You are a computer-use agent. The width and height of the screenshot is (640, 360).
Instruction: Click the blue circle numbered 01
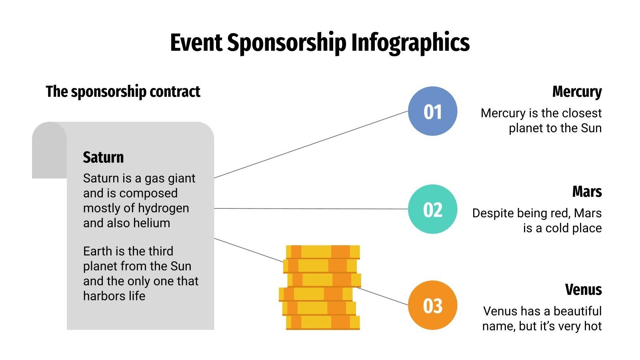[432, 111]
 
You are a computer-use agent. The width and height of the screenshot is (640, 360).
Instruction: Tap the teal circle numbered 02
[432, 209]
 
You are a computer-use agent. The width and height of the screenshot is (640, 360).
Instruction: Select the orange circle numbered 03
[432, 305]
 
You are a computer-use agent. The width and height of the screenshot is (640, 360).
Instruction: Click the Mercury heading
[577, 92]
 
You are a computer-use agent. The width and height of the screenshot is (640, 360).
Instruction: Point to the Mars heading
[587, 192]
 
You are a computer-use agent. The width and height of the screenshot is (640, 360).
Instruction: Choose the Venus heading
[583, 289]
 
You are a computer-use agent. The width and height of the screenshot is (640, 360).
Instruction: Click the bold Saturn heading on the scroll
[103, 157]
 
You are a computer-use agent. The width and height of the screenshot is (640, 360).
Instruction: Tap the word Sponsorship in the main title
[286, 42]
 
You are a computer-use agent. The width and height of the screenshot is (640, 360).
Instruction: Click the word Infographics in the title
[410, 42]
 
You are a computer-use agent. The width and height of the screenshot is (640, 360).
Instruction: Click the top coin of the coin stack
[323, 252]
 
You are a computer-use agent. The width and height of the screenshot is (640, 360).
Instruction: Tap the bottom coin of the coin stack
[323, 322]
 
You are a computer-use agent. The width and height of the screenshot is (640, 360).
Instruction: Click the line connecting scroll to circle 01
[311, 144]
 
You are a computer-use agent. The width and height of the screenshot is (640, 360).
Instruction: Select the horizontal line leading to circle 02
[311, 208]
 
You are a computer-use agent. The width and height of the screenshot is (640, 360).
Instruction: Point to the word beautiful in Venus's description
[578, 311]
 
